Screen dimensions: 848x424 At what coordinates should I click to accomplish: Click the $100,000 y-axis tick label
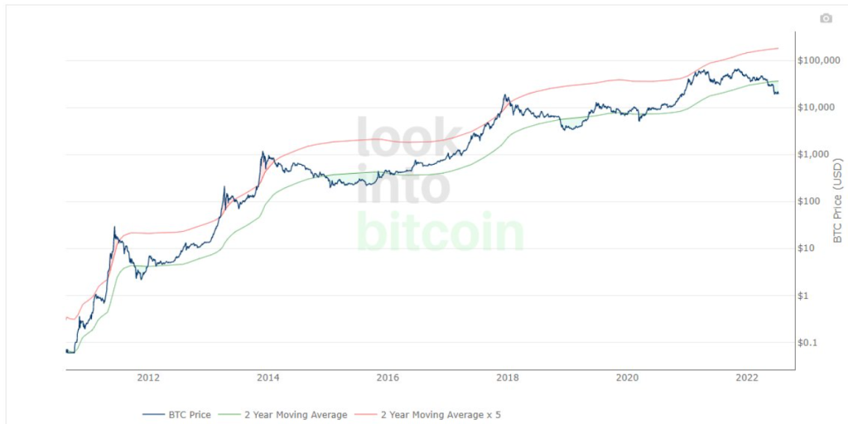(x=819, y=60)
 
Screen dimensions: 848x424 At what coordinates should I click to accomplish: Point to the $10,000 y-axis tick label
(x=817, y=107)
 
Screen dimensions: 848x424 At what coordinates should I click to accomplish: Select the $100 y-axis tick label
(x=810, y=201)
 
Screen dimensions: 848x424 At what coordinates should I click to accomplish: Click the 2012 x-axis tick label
(x=149, y=378)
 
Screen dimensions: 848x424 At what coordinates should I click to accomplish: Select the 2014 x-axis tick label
(x=268, y=378)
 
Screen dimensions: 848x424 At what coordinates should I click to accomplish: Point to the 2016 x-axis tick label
(x=388, y=378)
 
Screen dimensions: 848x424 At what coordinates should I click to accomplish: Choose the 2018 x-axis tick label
(x=508, y=378)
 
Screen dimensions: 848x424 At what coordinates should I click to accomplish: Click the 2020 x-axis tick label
(x=627, y=378)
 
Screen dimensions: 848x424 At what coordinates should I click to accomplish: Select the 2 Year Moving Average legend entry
(x=283, y=415)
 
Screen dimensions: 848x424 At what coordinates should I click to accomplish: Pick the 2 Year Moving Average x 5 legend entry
(x=428, y=415)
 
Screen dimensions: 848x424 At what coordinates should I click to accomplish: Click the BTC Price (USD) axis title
(x=838, y=200)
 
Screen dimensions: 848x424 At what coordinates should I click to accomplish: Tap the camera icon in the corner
(x=826, y=18)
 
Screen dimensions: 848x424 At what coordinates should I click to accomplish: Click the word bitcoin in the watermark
(x=441, y=232)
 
